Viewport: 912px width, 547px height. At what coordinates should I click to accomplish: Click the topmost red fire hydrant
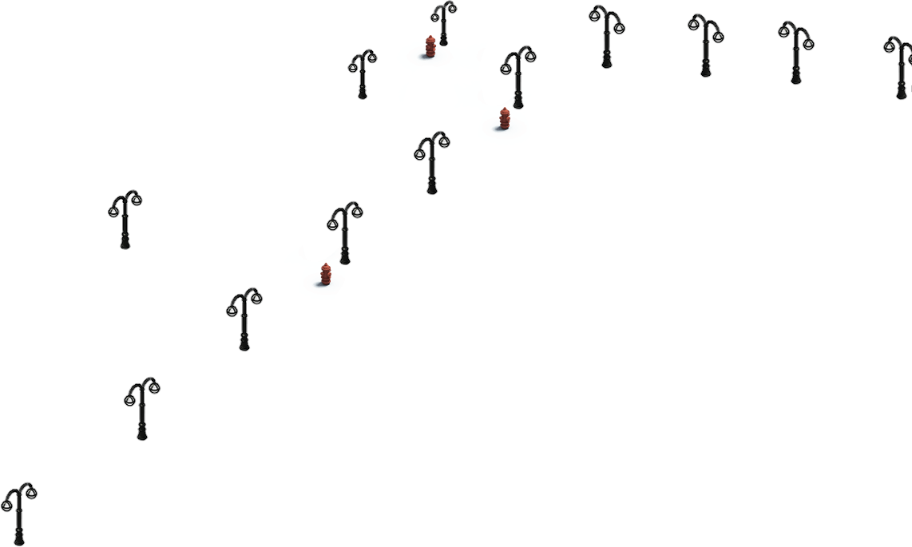coord(430,46)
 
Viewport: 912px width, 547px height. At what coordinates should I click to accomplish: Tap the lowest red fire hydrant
coord(326,275)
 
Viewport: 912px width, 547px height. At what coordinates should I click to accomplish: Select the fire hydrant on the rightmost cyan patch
coord(505,118)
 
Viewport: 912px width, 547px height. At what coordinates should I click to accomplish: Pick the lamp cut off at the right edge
coord(901,67)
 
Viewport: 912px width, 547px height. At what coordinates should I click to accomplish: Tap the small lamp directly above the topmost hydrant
coord(443,22)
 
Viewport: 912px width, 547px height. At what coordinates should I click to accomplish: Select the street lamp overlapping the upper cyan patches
coord(518,77)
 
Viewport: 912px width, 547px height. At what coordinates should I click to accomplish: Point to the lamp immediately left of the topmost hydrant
coord(362,74)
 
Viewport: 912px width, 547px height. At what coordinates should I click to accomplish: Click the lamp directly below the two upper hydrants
coord(431,162)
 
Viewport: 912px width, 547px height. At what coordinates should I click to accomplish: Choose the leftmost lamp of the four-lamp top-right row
coord(606,36)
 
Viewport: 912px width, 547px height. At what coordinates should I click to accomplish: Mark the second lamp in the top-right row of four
coord(705,45)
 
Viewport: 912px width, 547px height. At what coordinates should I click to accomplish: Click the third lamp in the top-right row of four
coord(795,52)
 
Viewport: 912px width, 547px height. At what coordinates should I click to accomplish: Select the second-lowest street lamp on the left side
coord(141,407)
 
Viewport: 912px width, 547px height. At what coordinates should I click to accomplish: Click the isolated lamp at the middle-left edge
coord(125,219)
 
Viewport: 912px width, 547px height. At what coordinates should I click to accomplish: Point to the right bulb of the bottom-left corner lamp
coord(31,493)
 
